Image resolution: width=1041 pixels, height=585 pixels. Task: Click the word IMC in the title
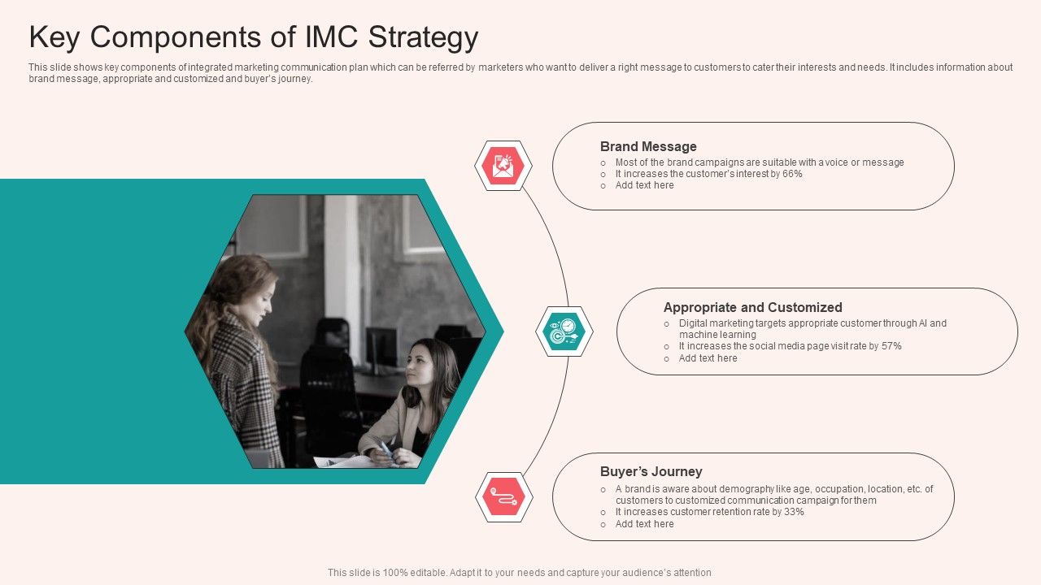tap(331, 37)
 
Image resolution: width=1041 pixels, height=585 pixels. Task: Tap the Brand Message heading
tap(648, 147)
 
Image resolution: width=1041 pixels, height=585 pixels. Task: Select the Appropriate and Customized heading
tap(753, 307)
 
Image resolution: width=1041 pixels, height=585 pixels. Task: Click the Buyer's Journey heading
tap(651, 472)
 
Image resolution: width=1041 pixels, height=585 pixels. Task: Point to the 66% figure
tap(792, 174)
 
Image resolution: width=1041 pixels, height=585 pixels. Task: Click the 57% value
tap(891, 346)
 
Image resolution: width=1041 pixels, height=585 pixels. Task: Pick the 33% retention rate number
tap(794, 512)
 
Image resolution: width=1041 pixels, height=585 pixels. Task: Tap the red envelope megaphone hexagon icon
tap(503, 166)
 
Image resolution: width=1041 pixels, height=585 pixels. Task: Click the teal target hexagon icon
tap(564, 331)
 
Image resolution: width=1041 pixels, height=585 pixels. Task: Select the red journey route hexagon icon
tap(503, 496)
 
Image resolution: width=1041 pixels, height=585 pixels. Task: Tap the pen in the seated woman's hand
tap(385, 449)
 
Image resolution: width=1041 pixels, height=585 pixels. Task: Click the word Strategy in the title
tap(423, 37)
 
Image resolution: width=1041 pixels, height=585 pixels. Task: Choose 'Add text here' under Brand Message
tap(645, 185)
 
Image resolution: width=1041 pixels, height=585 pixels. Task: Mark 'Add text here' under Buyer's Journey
tap(645, 524)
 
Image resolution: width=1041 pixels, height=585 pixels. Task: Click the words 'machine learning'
tap(717, 335)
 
